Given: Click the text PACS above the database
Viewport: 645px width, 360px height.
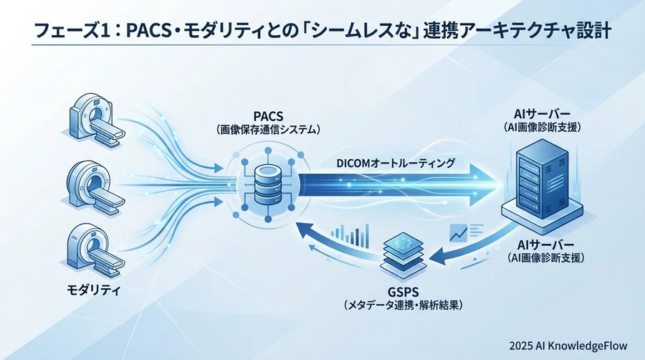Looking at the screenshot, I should pyautogui.click(x=267, y=116).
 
